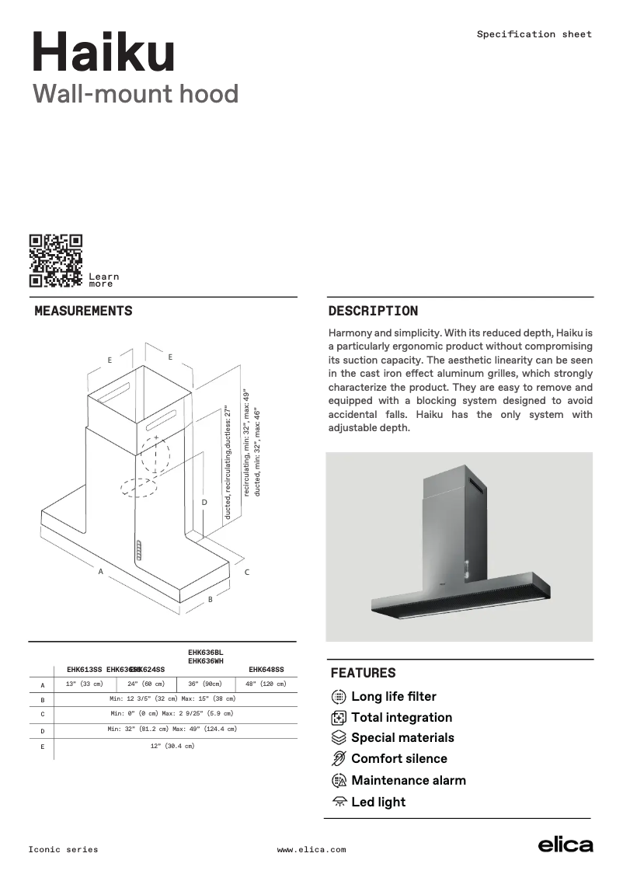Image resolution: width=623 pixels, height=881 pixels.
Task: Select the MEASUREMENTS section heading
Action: point(83,312)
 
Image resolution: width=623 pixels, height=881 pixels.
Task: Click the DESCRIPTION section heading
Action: point(373,312)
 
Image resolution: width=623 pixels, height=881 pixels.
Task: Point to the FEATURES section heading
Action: point(363,673)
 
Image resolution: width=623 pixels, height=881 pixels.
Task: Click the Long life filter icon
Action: point(339,697)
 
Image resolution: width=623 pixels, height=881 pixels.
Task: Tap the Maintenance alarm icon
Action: point(339,781)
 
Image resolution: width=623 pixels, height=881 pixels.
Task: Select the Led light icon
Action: point(339,802)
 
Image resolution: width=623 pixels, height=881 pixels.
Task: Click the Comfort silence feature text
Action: point(399,759)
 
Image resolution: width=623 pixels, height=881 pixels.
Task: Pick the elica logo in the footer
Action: point(566,846)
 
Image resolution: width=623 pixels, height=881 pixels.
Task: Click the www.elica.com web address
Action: point(311,850)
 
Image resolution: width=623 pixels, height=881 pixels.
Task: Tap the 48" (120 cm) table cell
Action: point(266,684)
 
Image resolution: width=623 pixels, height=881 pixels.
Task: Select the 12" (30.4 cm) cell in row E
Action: point(172,747)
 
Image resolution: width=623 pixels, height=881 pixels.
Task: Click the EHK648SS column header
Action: point(266,670)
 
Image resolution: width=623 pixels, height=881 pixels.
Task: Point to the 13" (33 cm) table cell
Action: point(84,684)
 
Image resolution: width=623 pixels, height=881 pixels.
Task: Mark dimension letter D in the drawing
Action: point(204,503)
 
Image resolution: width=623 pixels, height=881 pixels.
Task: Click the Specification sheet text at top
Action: point(534,34)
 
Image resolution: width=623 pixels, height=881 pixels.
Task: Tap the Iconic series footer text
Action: point(64,850)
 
